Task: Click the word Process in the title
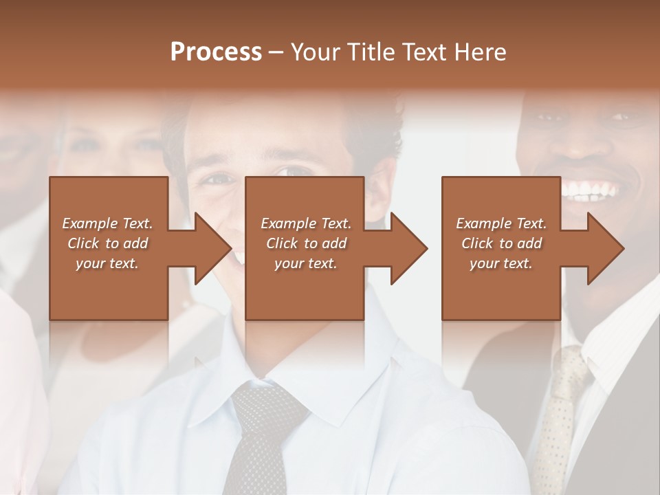[216, 52]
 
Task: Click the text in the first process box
[108, 243]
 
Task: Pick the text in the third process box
[501, 243]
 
